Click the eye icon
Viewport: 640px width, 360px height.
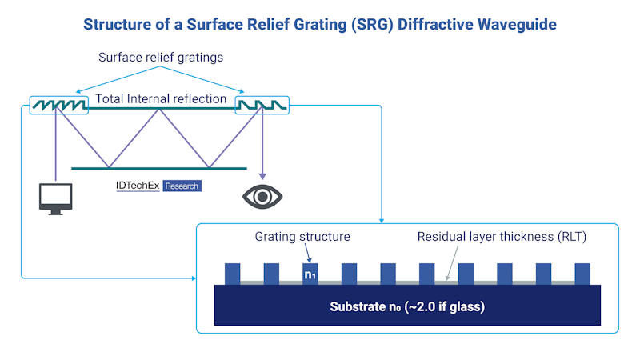tap(262, 197)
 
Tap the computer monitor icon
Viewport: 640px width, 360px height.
tap(55, 198)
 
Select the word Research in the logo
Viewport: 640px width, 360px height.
tap(182, 186)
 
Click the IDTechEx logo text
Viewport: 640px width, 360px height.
tap(138, 186)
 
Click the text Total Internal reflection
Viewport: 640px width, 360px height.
tap(161, 99)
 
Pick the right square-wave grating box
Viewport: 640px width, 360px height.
tap(262, 105)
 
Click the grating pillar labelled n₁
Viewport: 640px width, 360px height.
tap(310, 274)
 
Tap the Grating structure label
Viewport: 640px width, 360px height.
tap(302, 237)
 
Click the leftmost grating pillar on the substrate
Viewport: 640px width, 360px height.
tap(232, 274)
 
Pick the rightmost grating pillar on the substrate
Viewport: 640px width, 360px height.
tap(582, 274)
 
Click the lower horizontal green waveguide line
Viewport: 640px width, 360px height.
tap(159, 168)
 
